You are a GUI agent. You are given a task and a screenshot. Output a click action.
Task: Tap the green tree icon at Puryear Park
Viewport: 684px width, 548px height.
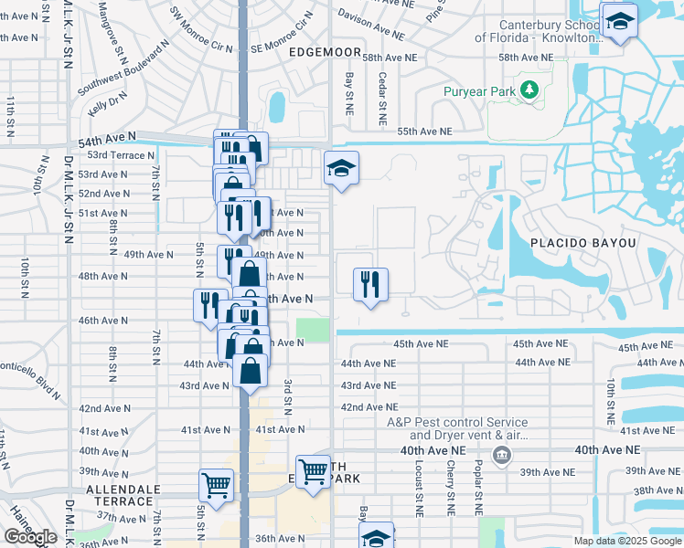click(x=528, y=90)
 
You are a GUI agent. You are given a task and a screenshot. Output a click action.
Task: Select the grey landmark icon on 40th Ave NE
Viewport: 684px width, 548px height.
click(x=501, y=455)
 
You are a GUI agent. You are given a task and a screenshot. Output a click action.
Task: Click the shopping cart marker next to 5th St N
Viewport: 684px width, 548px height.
click(x=217, y=485)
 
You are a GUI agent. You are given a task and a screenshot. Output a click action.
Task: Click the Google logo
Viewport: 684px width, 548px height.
click(x=30, y=537)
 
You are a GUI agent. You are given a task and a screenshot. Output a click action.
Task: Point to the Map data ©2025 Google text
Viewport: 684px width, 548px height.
click(x=627, y=541)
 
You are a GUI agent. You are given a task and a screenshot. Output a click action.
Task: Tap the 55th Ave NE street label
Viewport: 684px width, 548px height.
click(x=424, y=132)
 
